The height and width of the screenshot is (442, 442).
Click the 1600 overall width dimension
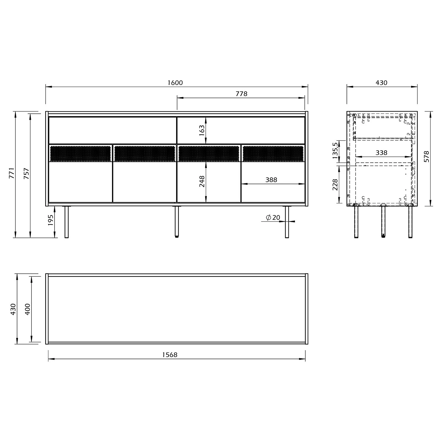175,83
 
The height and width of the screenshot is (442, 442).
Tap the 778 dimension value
241,94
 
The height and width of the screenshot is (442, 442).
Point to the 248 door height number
202,182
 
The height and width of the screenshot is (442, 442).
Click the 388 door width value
271,180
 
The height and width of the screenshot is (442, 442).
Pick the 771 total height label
11,173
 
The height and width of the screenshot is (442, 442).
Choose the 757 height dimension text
27,174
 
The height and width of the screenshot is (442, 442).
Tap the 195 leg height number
50,220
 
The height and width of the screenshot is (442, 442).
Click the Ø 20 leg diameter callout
273,218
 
